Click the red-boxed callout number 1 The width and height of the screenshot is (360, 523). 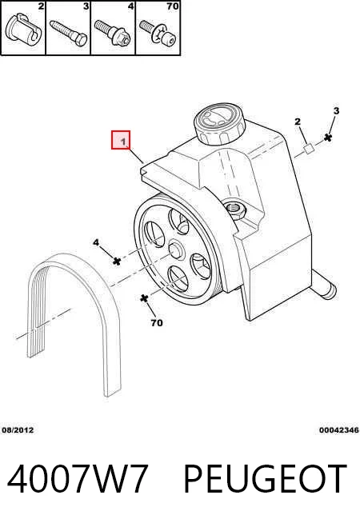(123, 142)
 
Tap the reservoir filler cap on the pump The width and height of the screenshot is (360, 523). (219, 125)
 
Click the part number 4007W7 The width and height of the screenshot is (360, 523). (78, 478)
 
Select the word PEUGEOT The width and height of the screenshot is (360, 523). (266, 478)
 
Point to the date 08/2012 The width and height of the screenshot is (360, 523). (18, 430)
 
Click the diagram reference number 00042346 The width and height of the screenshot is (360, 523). (339, 430)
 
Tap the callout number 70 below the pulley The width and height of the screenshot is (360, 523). (157, 323)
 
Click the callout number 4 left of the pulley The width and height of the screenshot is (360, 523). (96, 242)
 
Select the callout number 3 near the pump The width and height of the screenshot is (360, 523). (336, 110)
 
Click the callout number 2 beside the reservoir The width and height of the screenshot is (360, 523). (298, 122)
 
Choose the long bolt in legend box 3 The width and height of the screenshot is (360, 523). (69, 33)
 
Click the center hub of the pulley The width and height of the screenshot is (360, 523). (176, 250)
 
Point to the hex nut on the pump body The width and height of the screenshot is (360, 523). (236, 210)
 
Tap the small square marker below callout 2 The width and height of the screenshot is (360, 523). (309, 149)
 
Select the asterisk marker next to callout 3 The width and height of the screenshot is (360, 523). (328, 137)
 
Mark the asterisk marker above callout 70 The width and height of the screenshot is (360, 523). (144, 298)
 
